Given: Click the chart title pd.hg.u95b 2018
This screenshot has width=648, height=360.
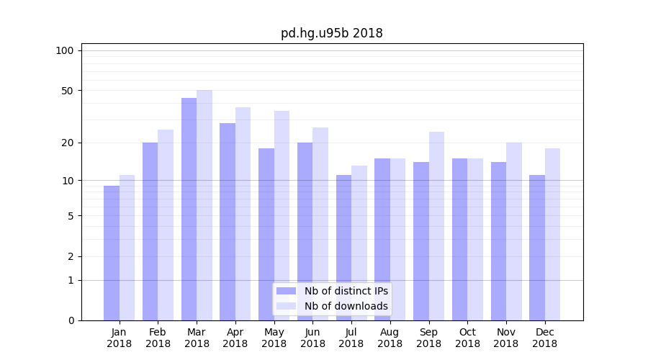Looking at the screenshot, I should (331, 34).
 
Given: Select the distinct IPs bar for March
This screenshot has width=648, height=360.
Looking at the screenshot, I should (189, 209).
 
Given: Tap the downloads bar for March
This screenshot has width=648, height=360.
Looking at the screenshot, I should (204, 205).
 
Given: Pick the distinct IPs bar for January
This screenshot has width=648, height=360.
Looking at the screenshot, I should (112, 253).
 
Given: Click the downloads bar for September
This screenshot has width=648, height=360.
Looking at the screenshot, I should (436, 226).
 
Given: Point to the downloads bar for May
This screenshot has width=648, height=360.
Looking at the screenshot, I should (282, 215).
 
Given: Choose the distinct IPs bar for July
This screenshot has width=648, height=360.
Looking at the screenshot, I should (343, 248).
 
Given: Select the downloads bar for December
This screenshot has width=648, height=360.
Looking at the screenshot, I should (552, 234).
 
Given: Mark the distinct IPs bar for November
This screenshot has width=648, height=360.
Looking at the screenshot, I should (498, 241).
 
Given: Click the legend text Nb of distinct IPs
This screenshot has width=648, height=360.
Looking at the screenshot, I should (346, 291).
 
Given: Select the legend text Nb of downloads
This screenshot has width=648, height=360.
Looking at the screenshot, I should (346, 306).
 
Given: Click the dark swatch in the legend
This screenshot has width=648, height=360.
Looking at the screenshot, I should (286, 291).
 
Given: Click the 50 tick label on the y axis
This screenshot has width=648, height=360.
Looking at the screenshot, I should (68, 91).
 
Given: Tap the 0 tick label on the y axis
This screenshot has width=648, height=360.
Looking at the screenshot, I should (71, 320).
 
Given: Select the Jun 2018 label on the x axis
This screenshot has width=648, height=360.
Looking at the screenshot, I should (312, 338).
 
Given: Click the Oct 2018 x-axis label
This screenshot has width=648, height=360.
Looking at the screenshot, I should (467, 338).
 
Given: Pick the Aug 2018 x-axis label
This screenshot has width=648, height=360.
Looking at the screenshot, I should (390, 338).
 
